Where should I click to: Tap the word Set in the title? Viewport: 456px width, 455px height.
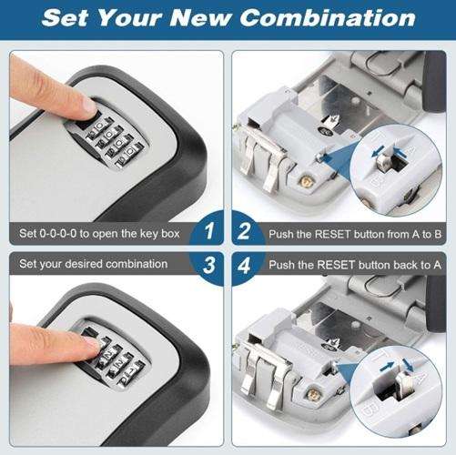[67, 17]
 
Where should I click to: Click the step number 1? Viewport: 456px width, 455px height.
[210, 233]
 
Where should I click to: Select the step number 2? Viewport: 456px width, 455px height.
[244, 233]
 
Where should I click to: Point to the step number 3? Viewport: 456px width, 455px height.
[210, 265]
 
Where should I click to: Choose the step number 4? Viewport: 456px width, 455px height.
[244, 265]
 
